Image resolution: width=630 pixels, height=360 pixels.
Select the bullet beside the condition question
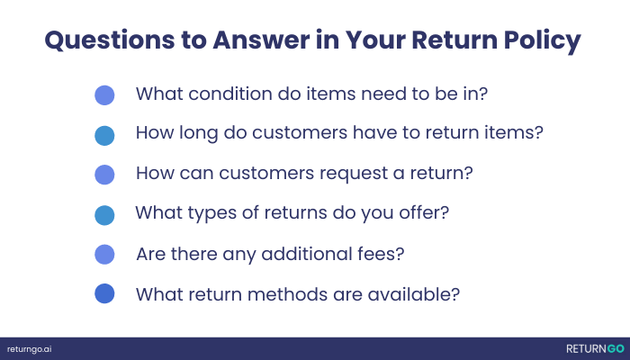tap(104, 94)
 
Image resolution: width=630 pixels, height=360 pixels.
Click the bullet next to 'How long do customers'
tap(104, 135)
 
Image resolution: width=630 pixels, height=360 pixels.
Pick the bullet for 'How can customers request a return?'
tap(104, 175)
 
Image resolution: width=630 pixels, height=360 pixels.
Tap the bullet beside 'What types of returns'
tap(104, 215)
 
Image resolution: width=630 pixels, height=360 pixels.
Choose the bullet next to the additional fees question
tap(104, 255)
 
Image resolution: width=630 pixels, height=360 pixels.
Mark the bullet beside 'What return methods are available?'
tap(104, 294)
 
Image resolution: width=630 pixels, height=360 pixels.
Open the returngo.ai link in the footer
tap(30, 348)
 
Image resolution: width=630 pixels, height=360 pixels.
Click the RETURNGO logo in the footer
tap(595, 348)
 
